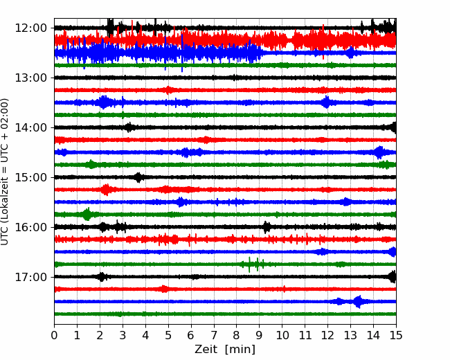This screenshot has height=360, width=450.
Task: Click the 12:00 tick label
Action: [30, 28]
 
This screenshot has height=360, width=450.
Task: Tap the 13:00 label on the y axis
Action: [30, 78]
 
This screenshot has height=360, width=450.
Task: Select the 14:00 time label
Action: [30, 127]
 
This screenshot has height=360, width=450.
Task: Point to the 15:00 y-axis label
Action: [30, 177]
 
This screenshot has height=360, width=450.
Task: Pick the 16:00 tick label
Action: [30, 227]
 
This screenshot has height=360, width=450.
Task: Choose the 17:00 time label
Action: [30, 277]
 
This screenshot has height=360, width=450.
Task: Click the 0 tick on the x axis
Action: [54, 335]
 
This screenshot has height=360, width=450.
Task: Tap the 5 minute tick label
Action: [168, 335]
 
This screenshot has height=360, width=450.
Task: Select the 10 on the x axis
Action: [282, 335]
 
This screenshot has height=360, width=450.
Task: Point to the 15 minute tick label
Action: [396, 335]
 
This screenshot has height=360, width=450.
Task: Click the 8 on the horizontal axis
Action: [237, 335]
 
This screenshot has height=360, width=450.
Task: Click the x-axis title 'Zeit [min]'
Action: [225, 350]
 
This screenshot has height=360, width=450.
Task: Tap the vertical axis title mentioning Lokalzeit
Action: [5, 172]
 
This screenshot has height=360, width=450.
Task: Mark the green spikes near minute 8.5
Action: [253, 264]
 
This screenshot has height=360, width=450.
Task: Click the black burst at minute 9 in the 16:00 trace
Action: [267, 227]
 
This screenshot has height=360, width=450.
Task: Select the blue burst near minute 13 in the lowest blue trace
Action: [358, 301]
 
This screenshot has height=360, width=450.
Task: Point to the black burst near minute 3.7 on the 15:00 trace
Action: [138, 177]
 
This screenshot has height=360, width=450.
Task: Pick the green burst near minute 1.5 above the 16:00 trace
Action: [87, 214]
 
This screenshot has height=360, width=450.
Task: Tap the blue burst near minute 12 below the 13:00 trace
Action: [326, 102]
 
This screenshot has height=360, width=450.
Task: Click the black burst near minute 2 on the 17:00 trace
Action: [101, 277]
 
